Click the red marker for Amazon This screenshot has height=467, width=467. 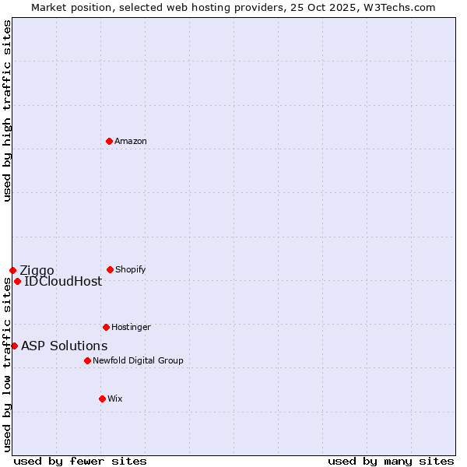tap(109, 141)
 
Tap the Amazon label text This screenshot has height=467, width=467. tap(131, 141)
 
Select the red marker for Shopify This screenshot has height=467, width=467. tap(110, 269)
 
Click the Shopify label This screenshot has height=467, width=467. tap(131, 269)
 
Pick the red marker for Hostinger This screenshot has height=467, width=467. tap(106, 327)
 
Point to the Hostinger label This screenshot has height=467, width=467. tap(131, 327)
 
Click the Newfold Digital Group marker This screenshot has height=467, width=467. tap(87, 360)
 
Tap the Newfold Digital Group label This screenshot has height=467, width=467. tap(138, 360)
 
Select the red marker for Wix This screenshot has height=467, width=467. tap(102, 399)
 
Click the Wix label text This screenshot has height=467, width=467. tap(115, 399)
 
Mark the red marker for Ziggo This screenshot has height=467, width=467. tap(12, 270)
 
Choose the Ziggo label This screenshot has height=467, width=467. tap(37, 271)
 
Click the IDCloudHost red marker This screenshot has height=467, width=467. tap(17, 281)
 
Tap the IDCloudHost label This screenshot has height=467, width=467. tap(63, 282)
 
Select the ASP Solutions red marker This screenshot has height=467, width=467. tap(14, 346)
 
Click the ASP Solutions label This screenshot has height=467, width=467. tap(64, 346)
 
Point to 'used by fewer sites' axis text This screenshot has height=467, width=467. tap(80, 461)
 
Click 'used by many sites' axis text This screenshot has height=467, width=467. tap(391, 461)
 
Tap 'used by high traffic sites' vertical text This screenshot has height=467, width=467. tap(7, 111)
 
